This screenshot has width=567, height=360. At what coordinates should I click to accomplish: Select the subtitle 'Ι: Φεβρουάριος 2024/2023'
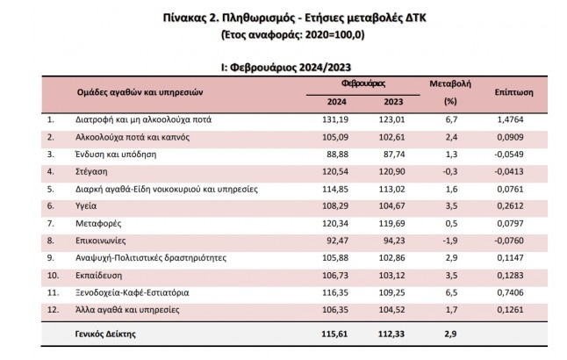click(283, 64)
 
